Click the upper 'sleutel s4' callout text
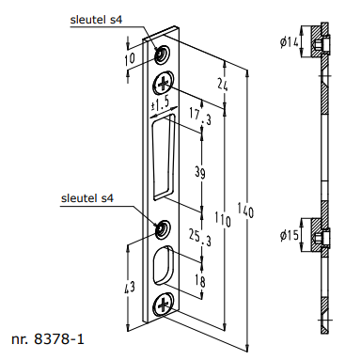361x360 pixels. point(96,20)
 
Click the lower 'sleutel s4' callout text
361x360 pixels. point(87,198)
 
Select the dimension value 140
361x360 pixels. point(245,210)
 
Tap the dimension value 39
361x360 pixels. point(200,172)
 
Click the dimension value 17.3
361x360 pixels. point(200,116)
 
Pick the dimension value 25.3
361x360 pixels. point(200,237)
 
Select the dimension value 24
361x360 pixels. point(223,84)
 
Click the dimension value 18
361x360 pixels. point(200,281)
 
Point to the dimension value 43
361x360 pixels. point(129,287)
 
